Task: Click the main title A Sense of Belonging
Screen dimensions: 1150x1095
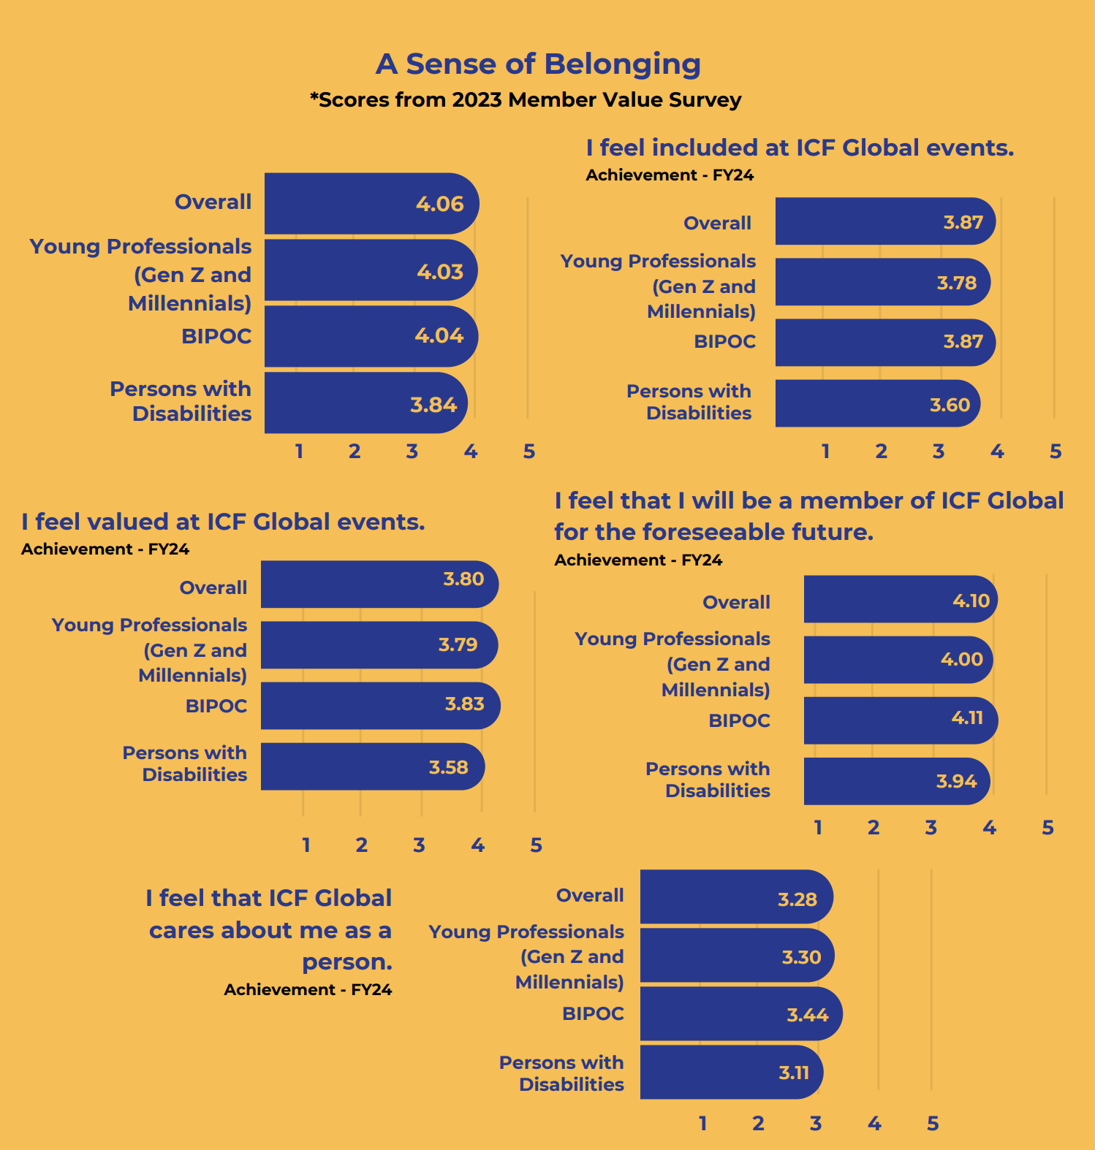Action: click(538, 64)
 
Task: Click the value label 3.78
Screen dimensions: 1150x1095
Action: click(956, 283)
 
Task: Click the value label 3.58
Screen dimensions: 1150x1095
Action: click(448, 767)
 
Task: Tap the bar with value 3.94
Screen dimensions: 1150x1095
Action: click(895, 781)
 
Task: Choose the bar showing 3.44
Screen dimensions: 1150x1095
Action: click(740, 1014)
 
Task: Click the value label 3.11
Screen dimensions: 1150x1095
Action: click(794, 1073)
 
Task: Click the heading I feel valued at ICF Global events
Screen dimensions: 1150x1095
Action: click(223, 522)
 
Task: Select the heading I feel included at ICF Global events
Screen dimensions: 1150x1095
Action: click(800, 148)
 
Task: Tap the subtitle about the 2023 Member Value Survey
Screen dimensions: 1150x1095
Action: click(526, 99)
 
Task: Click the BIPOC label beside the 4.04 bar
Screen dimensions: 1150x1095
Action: click(216, 336)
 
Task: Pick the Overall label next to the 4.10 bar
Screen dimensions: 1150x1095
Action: click(736, 602)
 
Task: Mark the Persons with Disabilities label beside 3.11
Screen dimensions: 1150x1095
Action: click(561, 1073)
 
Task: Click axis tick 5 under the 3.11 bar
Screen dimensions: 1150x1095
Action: click(933, 1124)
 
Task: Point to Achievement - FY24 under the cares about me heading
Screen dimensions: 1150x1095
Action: click(308, 989)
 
